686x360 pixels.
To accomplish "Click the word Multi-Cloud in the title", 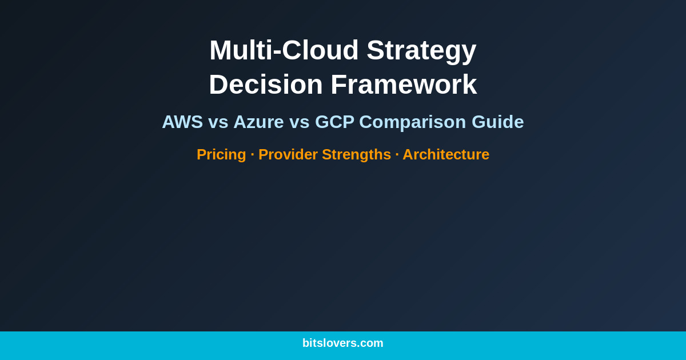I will point(284,50).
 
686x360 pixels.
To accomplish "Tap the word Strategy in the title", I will point(421,50).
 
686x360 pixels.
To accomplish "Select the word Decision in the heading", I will point(265,85).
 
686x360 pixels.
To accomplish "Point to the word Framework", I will point(404,85).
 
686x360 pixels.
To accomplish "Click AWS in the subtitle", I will point(182,122).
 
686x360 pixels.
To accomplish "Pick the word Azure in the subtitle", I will point(258,122).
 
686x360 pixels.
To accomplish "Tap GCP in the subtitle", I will point(334,122).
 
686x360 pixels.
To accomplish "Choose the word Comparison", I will point(412,122).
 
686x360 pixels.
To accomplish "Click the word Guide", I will point(497,122).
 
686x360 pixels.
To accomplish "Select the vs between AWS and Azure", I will point(218,122).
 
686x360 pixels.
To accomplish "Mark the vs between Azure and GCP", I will point(299,122).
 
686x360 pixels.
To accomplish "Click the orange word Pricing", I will point(221,154).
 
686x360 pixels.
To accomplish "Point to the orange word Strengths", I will point(356,154).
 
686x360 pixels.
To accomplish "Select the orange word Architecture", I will point(446,154).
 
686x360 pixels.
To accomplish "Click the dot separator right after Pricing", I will point(252,155).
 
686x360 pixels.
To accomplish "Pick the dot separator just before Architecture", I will point(397,155).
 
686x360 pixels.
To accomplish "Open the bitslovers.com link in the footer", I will point(343,343).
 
